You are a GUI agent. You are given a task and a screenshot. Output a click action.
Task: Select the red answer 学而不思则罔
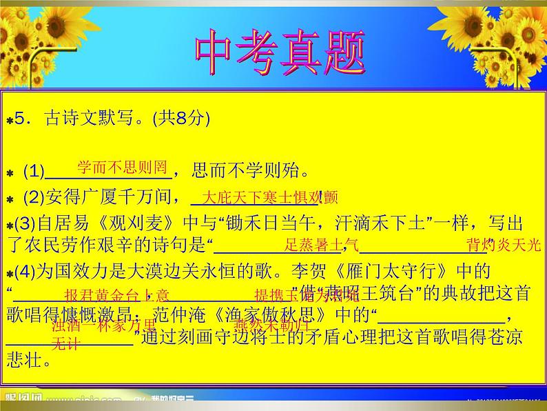pos(122,166)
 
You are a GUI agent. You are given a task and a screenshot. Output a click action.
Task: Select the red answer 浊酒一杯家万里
pos(103,325)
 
